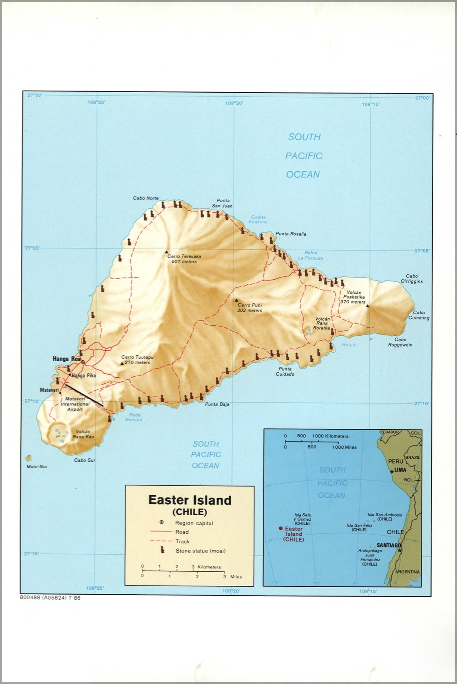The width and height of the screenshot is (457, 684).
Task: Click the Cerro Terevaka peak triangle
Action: tap(166, 251)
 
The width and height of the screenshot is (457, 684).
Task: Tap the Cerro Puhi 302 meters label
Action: tap(250, 308)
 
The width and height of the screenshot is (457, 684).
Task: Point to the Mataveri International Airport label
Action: tap(75, 404)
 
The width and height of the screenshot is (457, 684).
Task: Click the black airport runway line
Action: tap(84, 395)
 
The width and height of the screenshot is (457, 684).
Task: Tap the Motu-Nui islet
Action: tap(28, 458)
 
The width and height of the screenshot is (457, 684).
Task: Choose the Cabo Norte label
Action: tap(146, 198)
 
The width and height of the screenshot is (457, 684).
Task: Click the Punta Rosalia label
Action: tap(291, 234)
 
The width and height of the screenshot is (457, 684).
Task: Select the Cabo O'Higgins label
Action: tap(412, 278)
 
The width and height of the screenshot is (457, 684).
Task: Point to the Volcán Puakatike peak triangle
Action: tap(368, 306)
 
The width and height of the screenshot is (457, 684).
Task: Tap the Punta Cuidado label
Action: tap(285, 372)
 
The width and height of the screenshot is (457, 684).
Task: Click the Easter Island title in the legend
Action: tap(190, 500)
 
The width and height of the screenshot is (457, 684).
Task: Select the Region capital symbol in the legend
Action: tap(162, 522)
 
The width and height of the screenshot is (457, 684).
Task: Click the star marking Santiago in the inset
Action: tap(400, 551)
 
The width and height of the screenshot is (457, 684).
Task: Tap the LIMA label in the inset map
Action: tap(400, 470)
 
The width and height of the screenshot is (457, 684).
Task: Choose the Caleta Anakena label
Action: tap(258, 219)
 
